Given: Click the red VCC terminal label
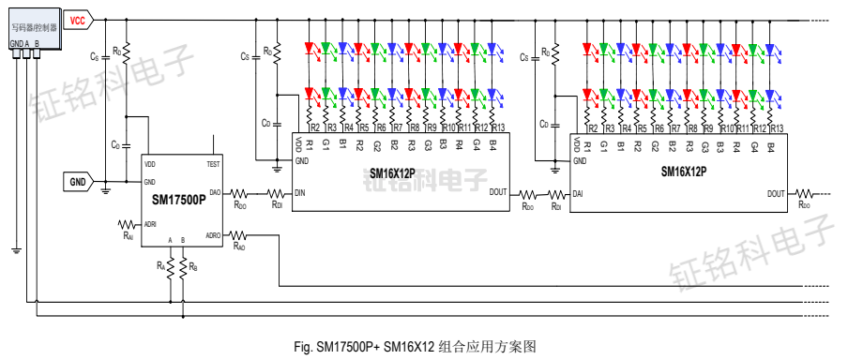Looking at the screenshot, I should pos(81,19).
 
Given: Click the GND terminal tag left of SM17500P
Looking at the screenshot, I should pos(77,181).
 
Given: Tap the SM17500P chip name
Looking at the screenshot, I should pos(178,200).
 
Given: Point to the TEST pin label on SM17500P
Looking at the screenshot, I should pos(213,164).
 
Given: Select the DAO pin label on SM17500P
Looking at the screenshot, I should pos(215,192).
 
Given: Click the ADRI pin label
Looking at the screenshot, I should pos(150,224).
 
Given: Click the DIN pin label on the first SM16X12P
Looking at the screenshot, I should pos(300,193).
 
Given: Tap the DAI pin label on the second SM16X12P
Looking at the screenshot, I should pos(579,193).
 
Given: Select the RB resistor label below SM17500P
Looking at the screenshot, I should pos(192,267).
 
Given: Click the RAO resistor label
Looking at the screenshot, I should pos(239,247).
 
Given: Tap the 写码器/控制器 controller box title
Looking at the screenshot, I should pos(34,28).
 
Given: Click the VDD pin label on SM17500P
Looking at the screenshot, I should pos(150,164).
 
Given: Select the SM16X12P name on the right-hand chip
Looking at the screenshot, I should pos(683,172).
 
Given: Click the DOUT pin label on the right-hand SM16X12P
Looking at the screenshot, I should pos(776,193).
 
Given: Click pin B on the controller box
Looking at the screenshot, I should pos(37,43).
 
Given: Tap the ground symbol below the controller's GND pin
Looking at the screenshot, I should pos(15,249).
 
